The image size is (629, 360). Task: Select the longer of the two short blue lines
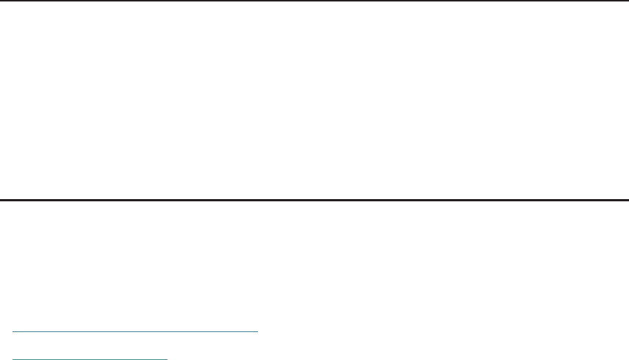136,332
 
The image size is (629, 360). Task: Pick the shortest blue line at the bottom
90,359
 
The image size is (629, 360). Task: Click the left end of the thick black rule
1,199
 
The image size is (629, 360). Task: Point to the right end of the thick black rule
628,199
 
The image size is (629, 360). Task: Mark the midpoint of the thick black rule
314,199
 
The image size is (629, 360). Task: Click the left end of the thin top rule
1,1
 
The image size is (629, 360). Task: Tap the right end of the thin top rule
628,1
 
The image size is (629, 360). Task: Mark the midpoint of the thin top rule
314,1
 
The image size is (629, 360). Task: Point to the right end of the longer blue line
258,332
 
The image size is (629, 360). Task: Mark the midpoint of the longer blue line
136,332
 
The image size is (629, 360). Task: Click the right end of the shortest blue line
168,359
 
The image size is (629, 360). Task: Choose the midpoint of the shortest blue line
91,359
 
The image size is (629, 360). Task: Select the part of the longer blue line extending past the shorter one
213,332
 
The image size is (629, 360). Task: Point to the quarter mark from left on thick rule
157,199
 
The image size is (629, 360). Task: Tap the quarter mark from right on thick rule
472,199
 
